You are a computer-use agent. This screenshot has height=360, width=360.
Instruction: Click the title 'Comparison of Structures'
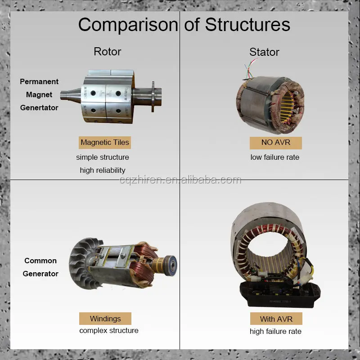[x=184, y=24]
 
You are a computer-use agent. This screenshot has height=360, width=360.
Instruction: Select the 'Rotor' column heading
[x=107, y=51]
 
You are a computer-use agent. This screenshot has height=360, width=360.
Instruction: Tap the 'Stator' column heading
[x=264, y=52]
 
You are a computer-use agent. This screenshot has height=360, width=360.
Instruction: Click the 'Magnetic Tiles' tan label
[x=105, y=143]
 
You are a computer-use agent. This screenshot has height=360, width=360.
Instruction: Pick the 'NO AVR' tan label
[x=276, y=143]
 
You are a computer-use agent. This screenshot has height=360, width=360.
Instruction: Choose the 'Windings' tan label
[x=105, y=319]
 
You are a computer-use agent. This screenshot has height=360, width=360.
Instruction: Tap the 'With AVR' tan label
[x=276, y=319]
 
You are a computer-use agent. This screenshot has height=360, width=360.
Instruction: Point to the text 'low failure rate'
[x=275, y=157]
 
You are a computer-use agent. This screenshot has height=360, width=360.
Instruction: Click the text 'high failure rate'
[x=275, y=332]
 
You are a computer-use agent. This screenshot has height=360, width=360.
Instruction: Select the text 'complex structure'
[x=109, y=331]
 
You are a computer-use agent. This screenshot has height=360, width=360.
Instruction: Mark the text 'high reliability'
[x=103, y=170]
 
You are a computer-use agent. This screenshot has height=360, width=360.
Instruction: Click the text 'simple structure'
[x=103, y=157]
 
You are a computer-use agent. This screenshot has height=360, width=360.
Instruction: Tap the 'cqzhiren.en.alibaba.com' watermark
[x=180, y=180]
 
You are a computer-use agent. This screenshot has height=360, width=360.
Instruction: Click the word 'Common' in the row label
[x=40, y=261]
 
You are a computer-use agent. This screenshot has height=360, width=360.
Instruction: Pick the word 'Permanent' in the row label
[x=39, y=81]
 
